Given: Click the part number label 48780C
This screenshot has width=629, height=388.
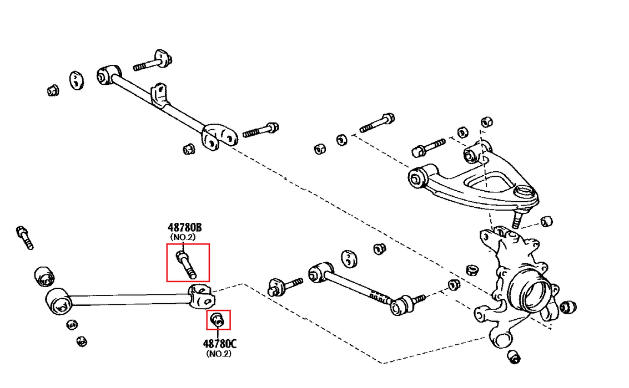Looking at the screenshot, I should tap(219, 343).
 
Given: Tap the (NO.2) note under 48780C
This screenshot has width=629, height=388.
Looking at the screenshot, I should tap(219, 353).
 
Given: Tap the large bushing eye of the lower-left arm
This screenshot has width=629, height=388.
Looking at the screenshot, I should tap(58, 302).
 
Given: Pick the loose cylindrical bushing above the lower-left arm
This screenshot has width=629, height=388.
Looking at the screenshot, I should tap(44, 276).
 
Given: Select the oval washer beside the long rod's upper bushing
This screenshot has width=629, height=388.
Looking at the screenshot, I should tap(76, 80).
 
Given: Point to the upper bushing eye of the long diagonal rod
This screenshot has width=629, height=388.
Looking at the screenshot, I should tap(107, 74).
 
